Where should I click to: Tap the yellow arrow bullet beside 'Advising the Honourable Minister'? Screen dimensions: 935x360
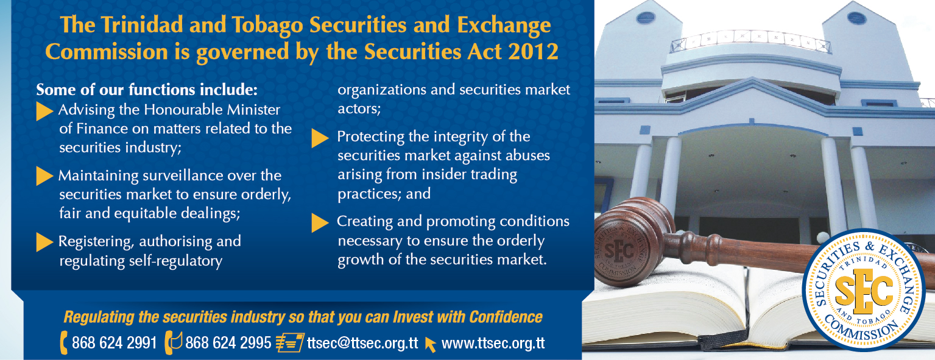44,111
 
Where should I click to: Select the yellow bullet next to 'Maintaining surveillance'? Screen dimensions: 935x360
44,176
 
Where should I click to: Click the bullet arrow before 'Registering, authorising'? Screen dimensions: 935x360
44,242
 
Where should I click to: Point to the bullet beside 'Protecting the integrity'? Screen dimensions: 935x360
320,138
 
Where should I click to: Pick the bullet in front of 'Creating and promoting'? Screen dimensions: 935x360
320,223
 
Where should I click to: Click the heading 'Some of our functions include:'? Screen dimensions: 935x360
147,90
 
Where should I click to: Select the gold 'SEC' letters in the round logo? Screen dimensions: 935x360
863,291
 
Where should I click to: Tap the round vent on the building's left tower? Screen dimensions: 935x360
646,18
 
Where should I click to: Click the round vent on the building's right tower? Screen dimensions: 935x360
857,18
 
